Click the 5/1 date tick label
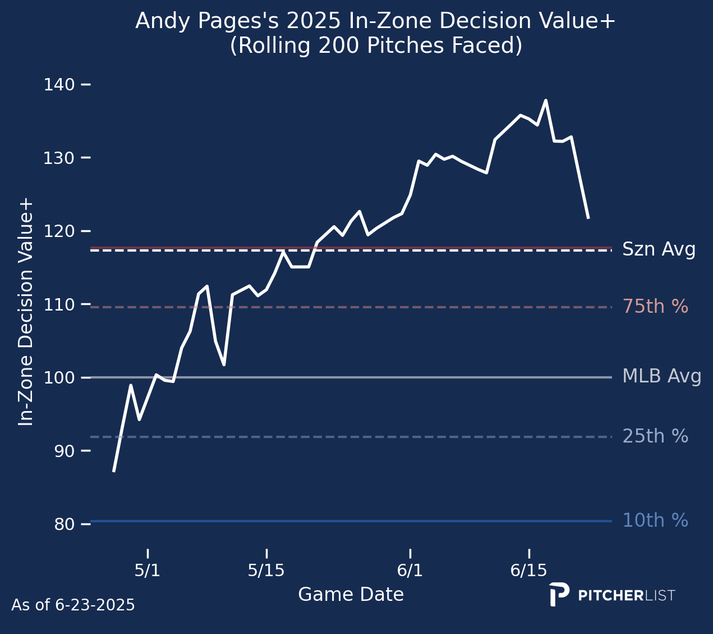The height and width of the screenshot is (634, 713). [x=148, y=571]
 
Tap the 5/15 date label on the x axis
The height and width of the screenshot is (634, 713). [x=266, y=571]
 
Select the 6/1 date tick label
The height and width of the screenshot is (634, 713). [x=410, y=571]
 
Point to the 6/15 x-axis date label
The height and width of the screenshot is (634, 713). [x=529, y=571]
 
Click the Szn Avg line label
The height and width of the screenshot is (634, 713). [x=659, y=249]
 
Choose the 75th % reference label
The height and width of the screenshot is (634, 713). [x=655, y=307]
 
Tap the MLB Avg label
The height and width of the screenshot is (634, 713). [x=662, y=376]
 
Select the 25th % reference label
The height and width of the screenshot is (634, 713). [x=655, y=436]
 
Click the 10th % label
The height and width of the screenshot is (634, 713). [x=655, y=521]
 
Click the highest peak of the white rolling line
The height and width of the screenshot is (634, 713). [x=546, y=101]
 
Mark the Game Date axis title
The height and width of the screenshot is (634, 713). [x=351, y=595]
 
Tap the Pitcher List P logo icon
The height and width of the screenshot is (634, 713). [x=559, y=594]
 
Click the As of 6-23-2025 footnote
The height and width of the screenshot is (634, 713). [x=73, y=605]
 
